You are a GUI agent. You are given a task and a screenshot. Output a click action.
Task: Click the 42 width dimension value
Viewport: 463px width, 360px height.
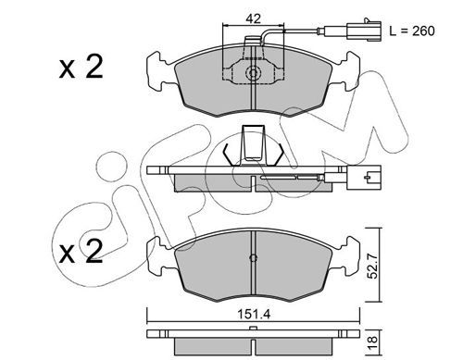[x=253, y=19]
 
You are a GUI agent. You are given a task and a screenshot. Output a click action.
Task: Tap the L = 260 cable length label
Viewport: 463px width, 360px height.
[x=412, y=31]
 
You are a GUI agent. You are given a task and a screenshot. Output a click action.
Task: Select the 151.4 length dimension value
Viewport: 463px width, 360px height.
[x=254, y=315]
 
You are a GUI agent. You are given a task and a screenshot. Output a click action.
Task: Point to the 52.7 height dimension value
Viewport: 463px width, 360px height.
[x=373, y=266]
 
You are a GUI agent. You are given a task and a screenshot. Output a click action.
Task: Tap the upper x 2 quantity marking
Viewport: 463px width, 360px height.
[x=81, y=67]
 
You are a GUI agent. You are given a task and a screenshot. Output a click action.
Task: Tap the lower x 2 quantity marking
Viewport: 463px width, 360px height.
[x=81, y=252]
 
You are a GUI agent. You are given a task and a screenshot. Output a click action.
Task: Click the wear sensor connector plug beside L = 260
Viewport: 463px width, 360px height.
[x=364, y=30]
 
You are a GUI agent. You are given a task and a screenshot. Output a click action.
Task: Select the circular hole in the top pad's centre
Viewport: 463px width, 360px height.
[x=253, y=73]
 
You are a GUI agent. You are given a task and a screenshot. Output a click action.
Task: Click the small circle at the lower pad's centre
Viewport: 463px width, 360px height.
[x=253, y=258]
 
